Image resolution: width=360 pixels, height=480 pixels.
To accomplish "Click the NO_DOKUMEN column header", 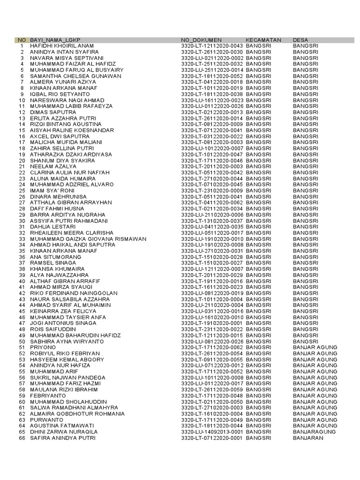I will pos(201,40).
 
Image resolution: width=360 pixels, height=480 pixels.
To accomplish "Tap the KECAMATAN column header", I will pos(263,40).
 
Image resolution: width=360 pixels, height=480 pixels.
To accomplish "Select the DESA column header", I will pos(301,40).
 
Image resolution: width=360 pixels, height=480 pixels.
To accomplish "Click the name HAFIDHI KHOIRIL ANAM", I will pos(62,46).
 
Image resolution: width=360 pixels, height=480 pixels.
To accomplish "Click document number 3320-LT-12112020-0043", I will pos(212,46).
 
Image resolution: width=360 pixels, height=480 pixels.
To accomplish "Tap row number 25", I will pos(22,191).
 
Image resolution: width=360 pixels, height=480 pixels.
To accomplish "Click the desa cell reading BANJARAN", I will pos(308,438).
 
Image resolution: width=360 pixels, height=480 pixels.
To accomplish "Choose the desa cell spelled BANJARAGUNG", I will pos(315,432).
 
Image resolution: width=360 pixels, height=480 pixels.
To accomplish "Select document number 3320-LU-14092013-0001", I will pos(212,432).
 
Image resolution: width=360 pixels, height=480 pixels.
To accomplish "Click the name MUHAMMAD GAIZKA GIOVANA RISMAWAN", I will pos(88,239).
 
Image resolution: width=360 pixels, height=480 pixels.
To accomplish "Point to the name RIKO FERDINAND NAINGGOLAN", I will pos(74,293).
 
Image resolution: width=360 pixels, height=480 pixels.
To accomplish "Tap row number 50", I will pos(22,341).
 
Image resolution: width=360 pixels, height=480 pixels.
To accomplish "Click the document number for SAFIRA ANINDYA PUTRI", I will pos(212,438).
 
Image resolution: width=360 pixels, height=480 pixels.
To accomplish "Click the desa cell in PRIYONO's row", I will pos(315,347).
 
